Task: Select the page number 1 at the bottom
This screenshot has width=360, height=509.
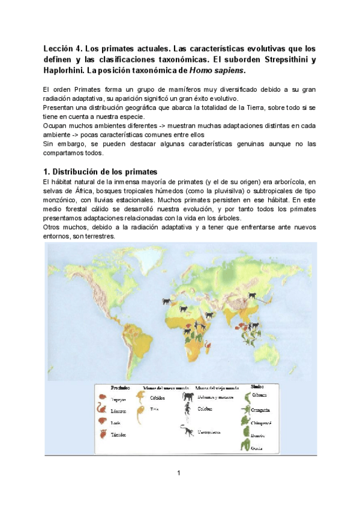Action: click(x=179, y=473)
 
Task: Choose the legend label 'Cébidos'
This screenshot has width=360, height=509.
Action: click(x=158, y=397)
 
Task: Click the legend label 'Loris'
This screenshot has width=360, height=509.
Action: click(x=116, y=422)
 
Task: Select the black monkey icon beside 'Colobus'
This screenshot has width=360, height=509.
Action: click(x=187, y=411)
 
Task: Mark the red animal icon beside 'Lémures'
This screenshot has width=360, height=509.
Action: click(x=103, y=411)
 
